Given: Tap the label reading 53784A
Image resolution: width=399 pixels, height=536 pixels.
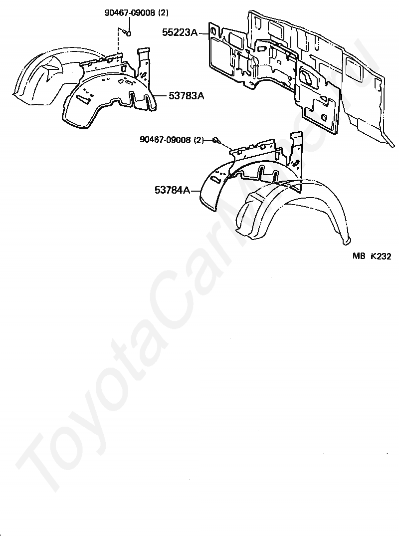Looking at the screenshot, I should click(x=172, y=190).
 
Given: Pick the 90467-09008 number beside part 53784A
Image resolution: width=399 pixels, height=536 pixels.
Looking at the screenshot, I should click(x=166, y=140).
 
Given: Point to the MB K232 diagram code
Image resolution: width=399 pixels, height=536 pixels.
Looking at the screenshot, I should click(x=371, y=256).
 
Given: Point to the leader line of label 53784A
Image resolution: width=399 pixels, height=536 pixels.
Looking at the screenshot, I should click(x=196, y=190).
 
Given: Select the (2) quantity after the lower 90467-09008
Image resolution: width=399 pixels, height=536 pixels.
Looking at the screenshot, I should click(x=199, y=140).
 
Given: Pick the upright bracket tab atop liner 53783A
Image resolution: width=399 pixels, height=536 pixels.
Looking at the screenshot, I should click(x=144, y=62).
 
